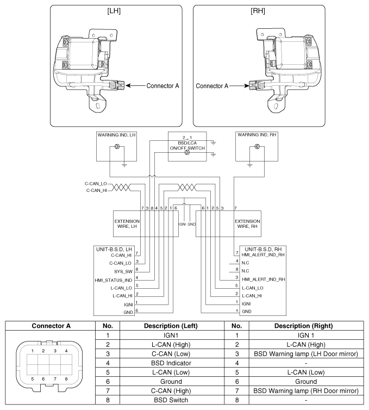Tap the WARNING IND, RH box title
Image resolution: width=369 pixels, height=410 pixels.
coord(255,134)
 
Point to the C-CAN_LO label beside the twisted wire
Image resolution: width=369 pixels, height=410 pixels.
coord(96,184)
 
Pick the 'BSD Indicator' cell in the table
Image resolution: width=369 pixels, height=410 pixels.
coord(167,362)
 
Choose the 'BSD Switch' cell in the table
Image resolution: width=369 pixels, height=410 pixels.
coord(167,399)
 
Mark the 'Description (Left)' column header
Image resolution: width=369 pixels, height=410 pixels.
coord(167,325)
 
